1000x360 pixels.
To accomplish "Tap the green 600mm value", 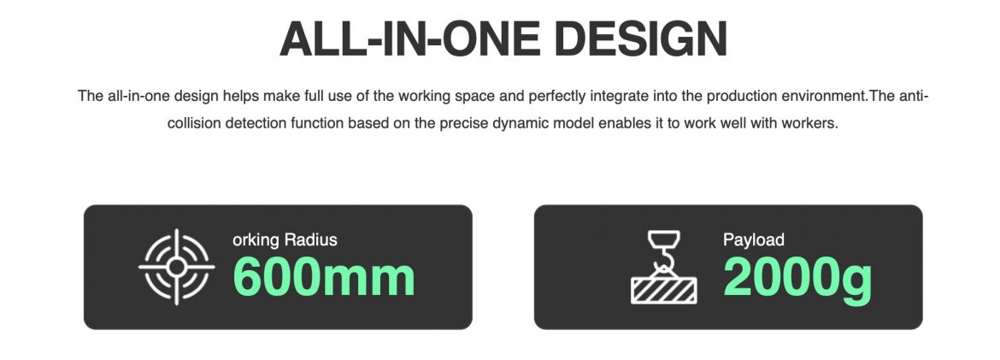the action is point(324,276).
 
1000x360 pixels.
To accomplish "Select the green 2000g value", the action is point(797,278).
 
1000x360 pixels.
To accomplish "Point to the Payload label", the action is point(753,240).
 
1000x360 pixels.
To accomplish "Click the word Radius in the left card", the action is point(310,240).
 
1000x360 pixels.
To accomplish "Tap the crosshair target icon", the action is point(177,267).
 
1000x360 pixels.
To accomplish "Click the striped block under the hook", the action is point(664,291).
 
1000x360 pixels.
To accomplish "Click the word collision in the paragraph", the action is point(193,123).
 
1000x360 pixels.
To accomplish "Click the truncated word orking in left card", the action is point(256,240).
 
